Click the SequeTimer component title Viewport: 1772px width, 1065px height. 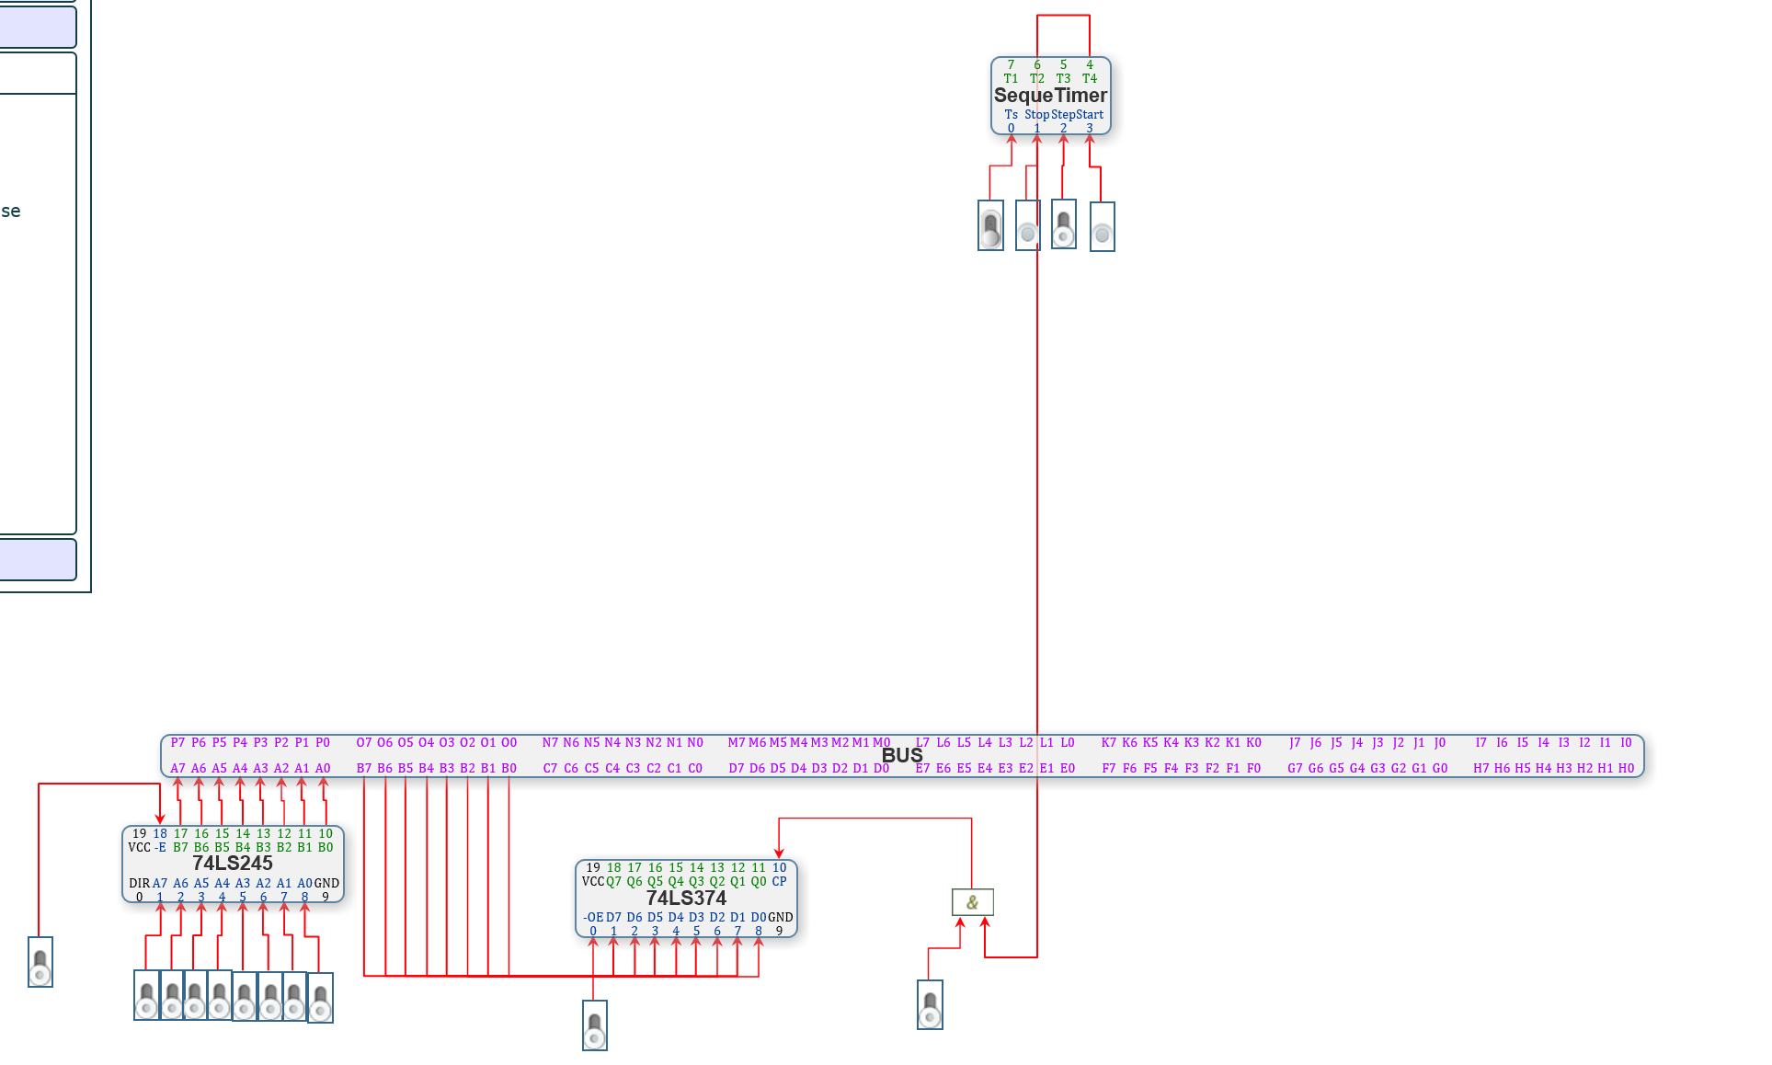pos(1050,96)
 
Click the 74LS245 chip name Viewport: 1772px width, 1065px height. pos(233,864)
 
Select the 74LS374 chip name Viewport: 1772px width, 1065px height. pos(686,899)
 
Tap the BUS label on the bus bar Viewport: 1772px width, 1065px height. pos(902,756)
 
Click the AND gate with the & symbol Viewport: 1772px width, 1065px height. pos(972,902)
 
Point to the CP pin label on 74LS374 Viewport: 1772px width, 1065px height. pos(779,881)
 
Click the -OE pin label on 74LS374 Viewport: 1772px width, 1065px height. pos(593,917)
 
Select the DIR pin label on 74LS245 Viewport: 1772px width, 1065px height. pos(139,883)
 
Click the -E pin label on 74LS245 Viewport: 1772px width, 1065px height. pos(160,847)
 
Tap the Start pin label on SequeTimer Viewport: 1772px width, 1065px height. pos(1090,115)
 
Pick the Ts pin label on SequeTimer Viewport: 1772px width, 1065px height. pos(1011,115)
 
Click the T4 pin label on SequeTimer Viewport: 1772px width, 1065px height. pos(1090,79)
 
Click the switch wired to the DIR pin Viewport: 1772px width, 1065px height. pos(40,962)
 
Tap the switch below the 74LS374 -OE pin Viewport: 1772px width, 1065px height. pos(595,1025)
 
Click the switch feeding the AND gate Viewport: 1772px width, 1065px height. pos(930,1004)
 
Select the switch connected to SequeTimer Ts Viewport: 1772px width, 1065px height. pos(990,226)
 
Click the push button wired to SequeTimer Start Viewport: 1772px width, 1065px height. pos(1102,227)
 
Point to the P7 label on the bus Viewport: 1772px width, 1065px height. pos(177,742)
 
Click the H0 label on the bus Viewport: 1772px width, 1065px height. pos(1626,768)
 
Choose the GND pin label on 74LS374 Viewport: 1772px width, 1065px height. pos(780,917)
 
